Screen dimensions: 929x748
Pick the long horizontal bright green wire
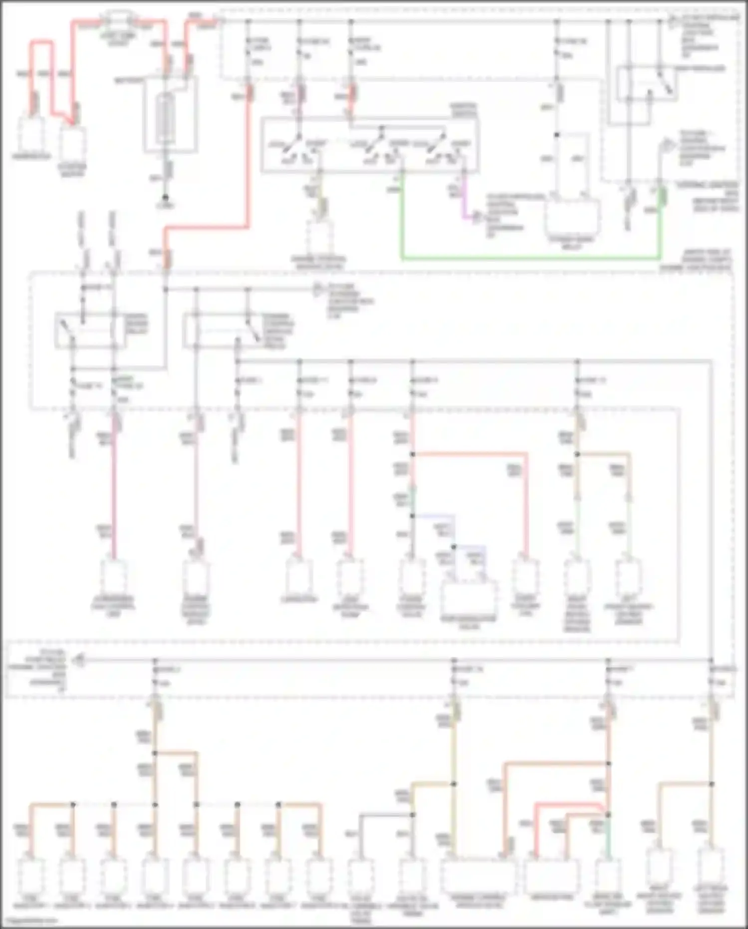529,258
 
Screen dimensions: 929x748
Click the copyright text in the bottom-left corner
30,920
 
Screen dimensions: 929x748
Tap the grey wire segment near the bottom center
384,815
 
